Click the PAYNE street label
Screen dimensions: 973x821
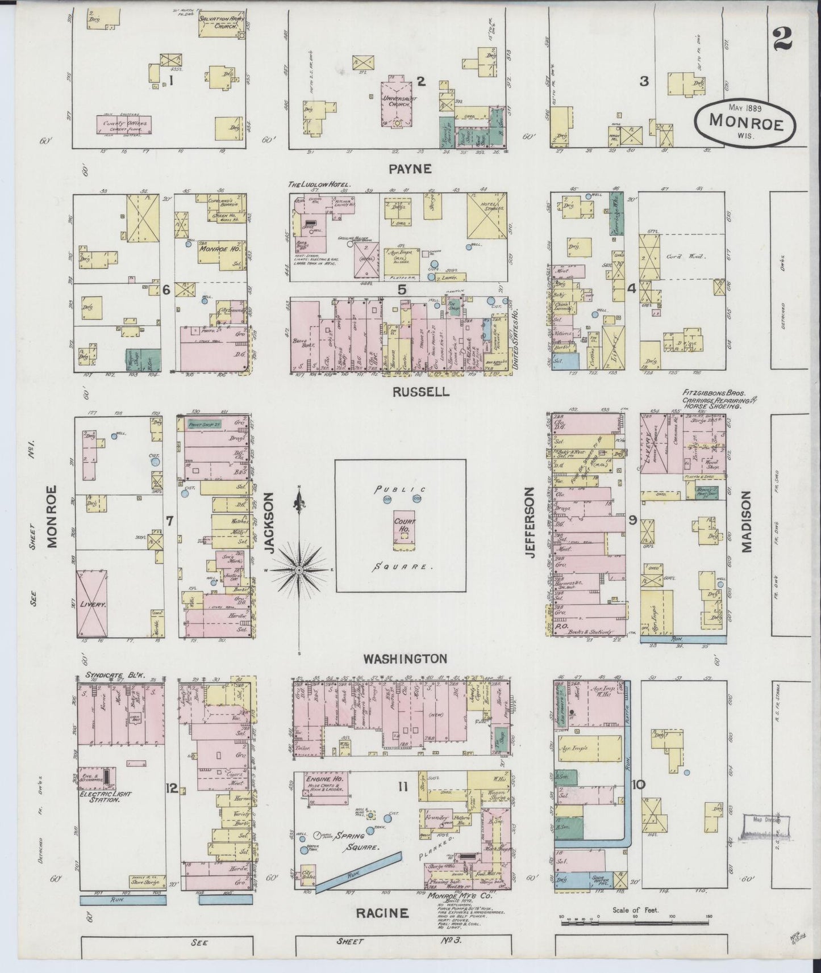tap(411, 169)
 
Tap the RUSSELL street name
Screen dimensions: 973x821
tap(421, 392)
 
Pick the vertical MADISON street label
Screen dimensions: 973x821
tap(746, 522)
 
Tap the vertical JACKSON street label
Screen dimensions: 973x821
tap(269, 522)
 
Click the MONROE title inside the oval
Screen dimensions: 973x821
tap(744, 121)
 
